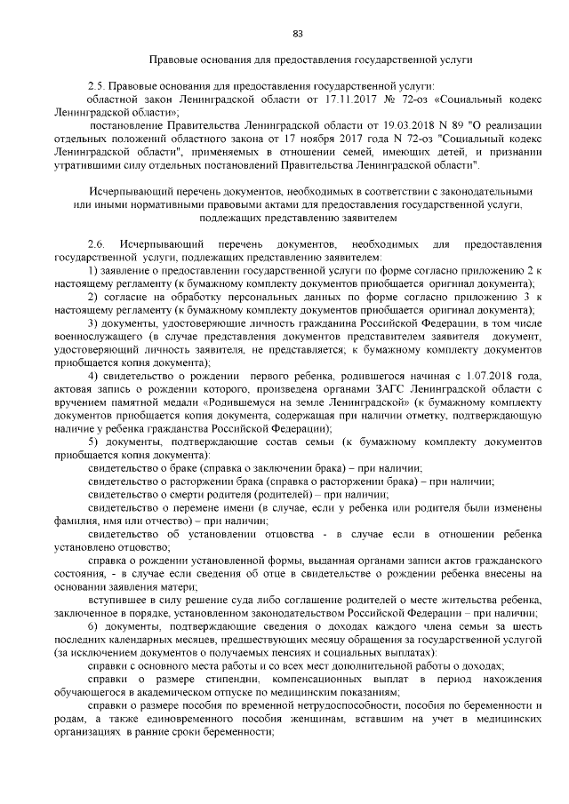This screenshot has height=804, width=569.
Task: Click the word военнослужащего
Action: click(98, 340)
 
